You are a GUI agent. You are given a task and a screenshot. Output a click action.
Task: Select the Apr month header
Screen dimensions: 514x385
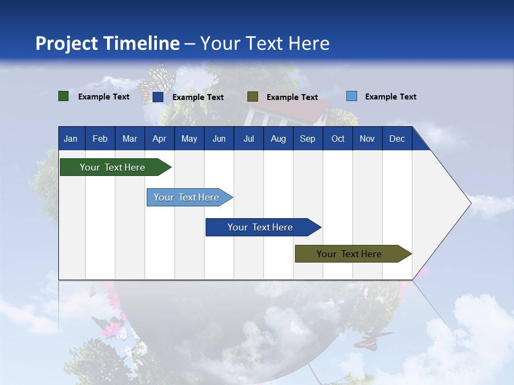(160, 138)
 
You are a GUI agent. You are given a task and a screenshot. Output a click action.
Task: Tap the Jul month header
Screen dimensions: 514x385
(249, 138)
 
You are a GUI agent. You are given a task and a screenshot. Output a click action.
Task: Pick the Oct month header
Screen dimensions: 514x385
(338, 138)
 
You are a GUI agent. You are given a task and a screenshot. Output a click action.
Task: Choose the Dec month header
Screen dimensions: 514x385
(397, 138)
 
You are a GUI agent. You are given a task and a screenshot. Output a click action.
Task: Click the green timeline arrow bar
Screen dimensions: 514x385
(116, 167)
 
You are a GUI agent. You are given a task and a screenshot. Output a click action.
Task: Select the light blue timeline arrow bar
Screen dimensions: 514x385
(190, 197)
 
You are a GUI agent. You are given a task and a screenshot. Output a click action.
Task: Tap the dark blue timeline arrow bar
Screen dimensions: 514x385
(263, 227)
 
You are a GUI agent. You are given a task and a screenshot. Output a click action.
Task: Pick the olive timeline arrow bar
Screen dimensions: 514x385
(353, 253)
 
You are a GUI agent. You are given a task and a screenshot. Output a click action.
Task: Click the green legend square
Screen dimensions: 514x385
(63, 96)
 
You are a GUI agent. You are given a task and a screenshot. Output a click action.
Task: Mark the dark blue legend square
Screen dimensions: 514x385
(158, 97)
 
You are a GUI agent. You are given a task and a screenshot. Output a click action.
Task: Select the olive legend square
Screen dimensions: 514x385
(253, 97)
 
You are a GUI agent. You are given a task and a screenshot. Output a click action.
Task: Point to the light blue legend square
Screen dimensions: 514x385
(352, 96)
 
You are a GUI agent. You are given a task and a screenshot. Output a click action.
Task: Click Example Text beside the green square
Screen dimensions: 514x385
(104, 97)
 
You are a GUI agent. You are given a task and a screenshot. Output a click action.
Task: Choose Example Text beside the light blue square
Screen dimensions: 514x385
(391, 97)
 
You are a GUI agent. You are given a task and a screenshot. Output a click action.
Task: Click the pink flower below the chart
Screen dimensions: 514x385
(111, 329)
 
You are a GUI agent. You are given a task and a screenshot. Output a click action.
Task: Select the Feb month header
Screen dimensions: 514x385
(100, 138)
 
